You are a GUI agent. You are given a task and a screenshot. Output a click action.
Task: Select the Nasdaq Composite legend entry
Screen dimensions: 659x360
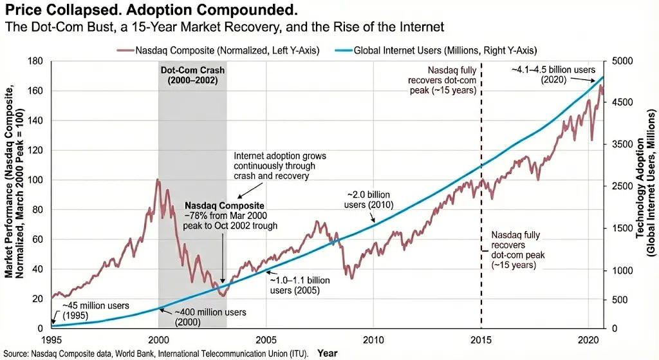pos(218,50)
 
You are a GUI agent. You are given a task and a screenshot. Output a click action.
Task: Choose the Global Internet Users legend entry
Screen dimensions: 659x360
pos(436,50)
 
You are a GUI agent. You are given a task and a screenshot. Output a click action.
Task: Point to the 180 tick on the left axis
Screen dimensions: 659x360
pos(35,61)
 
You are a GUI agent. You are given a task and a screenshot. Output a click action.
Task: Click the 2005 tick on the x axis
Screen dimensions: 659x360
pos(266,340)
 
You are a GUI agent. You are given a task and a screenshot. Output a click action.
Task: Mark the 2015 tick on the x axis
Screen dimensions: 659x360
pos(481,340)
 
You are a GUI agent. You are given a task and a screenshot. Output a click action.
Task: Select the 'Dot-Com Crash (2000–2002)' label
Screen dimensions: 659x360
pos(192,75)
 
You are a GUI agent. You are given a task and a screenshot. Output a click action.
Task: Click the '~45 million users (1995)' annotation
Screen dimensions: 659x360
pos(96,310)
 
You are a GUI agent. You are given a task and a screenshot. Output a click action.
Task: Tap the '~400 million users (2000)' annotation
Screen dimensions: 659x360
pos(210,317)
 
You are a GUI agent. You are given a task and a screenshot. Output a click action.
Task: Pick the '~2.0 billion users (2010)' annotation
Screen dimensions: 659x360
pos(369,200)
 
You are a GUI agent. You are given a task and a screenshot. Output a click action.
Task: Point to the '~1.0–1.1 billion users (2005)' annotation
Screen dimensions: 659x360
pos(300,285)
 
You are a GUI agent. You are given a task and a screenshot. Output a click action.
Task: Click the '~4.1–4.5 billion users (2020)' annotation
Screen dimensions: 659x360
pos(553,75)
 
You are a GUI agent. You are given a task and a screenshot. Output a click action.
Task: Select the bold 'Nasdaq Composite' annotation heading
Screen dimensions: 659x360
pos(225,205)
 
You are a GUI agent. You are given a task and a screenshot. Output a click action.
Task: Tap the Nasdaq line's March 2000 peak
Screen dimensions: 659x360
pos(158,180)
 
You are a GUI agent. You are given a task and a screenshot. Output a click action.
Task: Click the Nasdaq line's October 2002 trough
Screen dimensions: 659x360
pos(223,296)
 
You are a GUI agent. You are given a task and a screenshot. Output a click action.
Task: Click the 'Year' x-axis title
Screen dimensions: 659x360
pos(328,354)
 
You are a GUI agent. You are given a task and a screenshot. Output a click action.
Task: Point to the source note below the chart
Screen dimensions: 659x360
pos(156,354)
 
